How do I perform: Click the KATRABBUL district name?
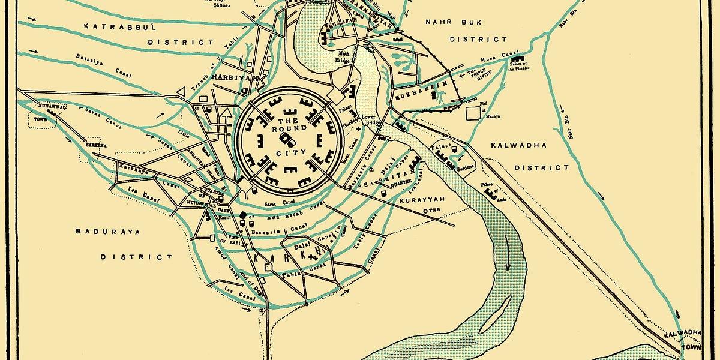tap(120, 27)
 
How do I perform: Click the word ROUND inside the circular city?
tap(284, 128)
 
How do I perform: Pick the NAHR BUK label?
tap(446, 22)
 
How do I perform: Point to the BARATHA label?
tap(96, 145)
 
